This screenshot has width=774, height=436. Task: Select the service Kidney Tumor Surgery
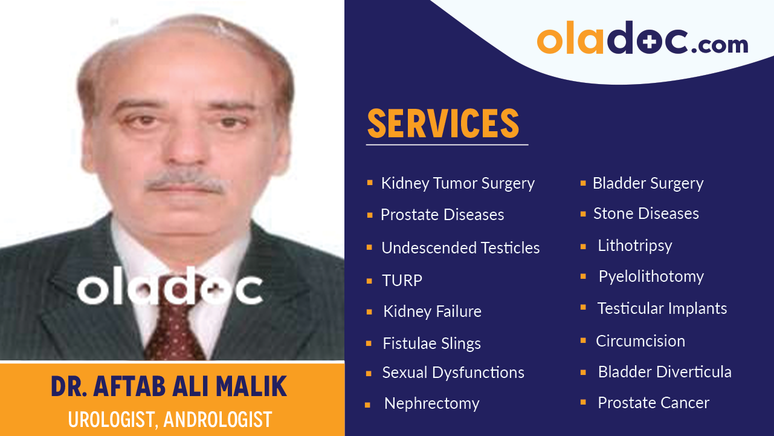pyautogui.click(x=457, y=183)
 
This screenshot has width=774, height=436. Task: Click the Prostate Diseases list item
pyautogui.click(x=442, y=215)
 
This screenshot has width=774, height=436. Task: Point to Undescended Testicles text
pyautogui.click(x=460, y=248)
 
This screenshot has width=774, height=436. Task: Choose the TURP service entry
pyautogui.click(x=402, y=281)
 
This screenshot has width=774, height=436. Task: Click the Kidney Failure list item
pyautogui.click(x=432, y=312)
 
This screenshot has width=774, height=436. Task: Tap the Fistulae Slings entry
pyautogui.click(x=431, y=343)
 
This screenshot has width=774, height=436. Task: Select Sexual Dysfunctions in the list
pyautogui.click(x=453, y=373)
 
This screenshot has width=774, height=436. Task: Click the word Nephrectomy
pyautogui.click(x=431, y=403)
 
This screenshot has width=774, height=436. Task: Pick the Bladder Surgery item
pyautogui.click(x=648, y=183)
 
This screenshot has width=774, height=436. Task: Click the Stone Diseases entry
pyautogui.click(x=646, y=213)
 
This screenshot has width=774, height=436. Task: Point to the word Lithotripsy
pyautogui.click(x=634, y=246)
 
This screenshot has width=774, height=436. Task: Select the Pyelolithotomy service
pyautogui.click(x=651, y=276)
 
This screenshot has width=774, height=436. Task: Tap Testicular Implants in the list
pyautogui.click(x=662, y=308)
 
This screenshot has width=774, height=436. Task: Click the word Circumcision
pyautogui.click(x=640, y=341)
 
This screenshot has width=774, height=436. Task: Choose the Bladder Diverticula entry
pyautogui.click(x=665, y=372)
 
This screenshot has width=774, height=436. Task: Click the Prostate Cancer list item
pyautogui.click(x=653, y=403)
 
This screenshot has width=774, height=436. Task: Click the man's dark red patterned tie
pyautogui.click(x=175, y=327)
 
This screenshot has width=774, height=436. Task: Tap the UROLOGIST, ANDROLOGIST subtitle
pyautogui.click(x=170, y=419)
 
